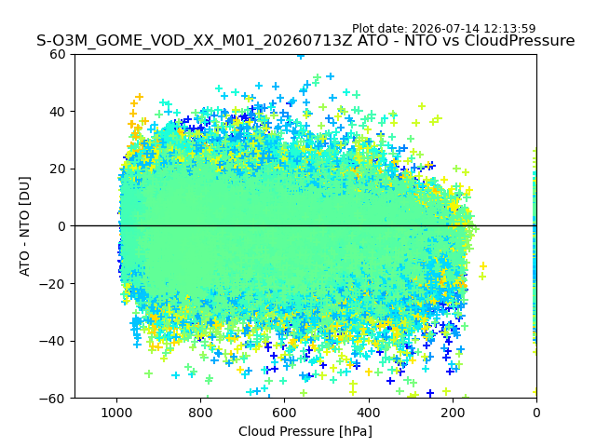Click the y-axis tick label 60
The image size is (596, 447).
pos(58,54)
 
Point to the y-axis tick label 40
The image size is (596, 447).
pos(58,112)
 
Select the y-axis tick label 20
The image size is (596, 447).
pos(58,169)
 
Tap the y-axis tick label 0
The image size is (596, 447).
pos(61,226)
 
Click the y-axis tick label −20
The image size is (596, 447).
pos(53,284)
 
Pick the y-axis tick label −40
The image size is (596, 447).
pos(53,342)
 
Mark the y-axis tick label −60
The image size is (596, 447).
pos(53,399)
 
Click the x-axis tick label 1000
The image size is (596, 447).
pos(116,413)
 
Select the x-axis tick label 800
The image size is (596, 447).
pos(201,413)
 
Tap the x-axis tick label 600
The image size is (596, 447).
pos(285,413)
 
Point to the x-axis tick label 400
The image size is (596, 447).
pos(369,413)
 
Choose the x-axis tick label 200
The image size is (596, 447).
pos(453,413)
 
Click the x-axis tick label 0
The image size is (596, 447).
pos(536,413)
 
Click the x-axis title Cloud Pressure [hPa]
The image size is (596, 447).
pos(305,432)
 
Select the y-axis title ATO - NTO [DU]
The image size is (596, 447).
pos(25,226)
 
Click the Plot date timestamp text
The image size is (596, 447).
pos(443,29)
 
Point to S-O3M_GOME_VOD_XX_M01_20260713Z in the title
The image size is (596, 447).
pos(195,41)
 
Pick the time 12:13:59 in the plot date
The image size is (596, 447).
pos(509,29)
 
